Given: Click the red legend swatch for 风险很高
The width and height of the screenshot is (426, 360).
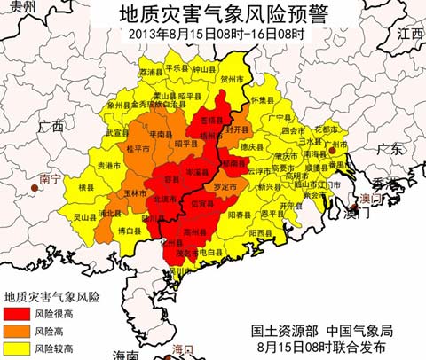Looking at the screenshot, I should click(x=17, y=314).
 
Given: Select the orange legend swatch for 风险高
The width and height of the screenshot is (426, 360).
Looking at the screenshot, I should click(x=17, y=330).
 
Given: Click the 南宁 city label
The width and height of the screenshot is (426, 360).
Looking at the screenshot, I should click(x=51, y=179).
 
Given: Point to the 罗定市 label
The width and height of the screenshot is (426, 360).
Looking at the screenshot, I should click(x=226, y=187).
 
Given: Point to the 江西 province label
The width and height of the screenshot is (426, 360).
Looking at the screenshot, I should click(x=410, y=34).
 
